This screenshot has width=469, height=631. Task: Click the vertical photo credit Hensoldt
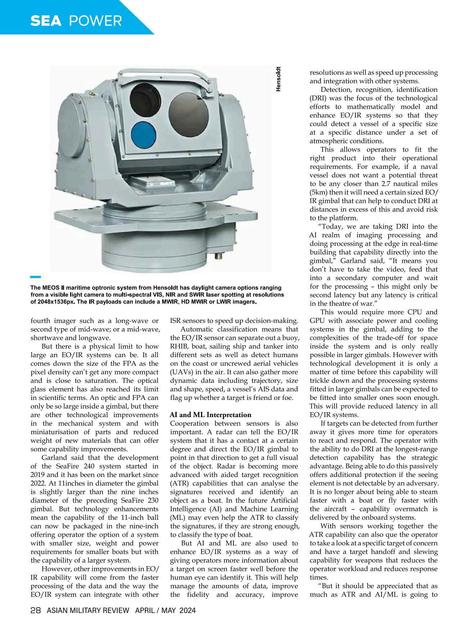pos(278,79)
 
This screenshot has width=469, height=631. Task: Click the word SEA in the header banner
pos(46,21)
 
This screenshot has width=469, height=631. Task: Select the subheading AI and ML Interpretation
pos(210,415)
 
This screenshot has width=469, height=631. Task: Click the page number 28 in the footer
pos(37,610)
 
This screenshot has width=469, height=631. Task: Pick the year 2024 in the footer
pos(187,610)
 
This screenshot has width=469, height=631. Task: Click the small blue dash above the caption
pos(36,277)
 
